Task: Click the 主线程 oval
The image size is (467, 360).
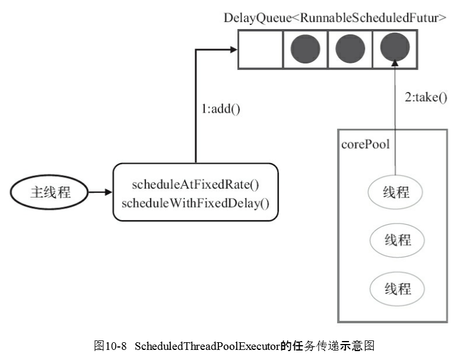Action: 50,192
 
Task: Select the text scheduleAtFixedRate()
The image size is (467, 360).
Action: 195,184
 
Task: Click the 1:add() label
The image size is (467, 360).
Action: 221,109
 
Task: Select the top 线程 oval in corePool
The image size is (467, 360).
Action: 397,193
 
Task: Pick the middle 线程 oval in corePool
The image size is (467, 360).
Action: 397,240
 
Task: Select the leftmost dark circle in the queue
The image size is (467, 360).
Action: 305,49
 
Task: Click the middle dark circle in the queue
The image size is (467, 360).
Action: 350,49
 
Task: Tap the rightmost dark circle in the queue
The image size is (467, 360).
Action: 394,49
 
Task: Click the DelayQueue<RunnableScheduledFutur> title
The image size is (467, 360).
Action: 335,17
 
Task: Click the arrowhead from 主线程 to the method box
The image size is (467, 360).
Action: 108,192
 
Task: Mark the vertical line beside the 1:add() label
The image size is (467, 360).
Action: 195,107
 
